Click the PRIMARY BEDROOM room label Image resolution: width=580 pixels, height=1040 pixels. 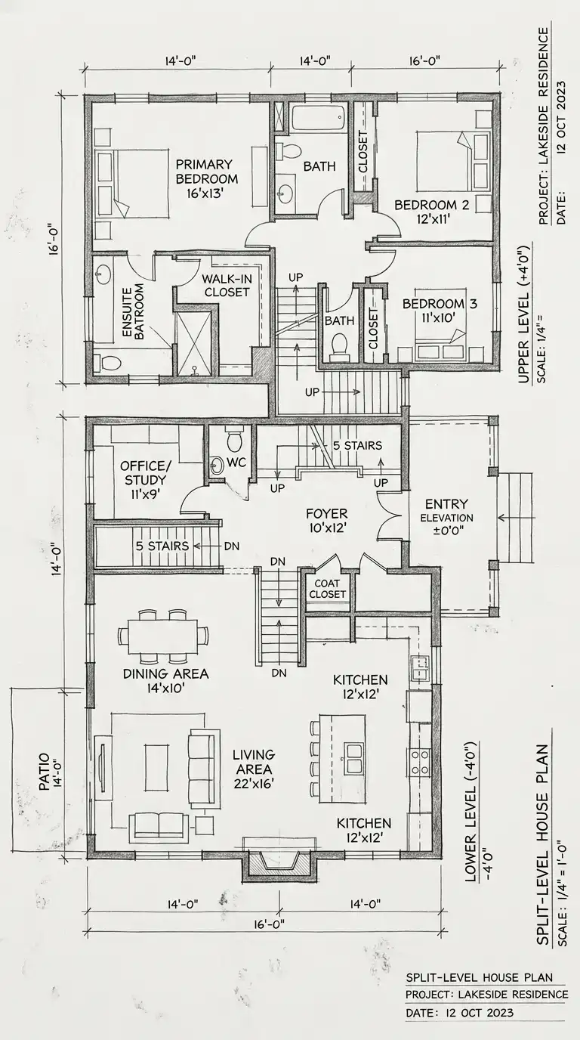(x=206, y=178)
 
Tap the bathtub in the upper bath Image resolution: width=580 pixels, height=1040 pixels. (x=319, y=118)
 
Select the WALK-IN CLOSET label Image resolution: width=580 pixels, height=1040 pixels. (x=227, y=286)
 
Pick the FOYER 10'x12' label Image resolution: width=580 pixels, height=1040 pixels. (x=327, y=521)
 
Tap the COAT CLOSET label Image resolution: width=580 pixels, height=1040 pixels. (x=328, y=589)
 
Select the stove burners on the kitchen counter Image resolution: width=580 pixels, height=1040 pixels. (x=419, y=761)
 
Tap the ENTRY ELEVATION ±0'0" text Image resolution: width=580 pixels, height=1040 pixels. (x=446, y=517)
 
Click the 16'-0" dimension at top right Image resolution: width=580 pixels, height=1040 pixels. (x=424, y=60)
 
